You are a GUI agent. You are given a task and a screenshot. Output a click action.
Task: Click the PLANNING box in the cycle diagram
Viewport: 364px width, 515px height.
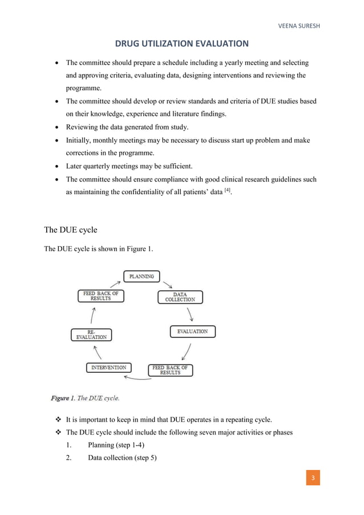click(x=141, y=276)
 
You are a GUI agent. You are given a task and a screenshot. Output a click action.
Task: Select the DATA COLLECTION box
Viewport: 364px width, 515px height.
click(x=180, y=297)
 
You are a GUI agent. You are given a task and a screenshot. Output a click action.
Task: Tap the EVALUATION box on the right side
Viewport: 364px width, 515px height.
click(x=192, y=331)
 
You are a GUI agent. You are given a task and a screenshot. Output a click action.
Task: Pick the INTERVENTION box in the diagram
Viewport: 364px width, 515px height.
click(x=108, y=368)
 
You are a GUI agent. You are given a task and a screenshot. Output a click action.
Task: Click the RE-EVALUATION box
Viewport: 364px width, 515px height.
click(x=91, y=335)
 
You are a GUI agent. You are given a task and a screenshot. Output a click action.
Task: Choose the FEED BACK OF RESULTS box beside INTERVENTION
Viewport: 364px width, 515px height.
click(x=170, y=370)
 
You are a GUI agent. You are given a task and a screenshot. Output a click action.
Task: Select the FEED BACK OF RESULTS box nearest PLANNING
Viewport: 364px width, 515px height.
click(x=100, y=296)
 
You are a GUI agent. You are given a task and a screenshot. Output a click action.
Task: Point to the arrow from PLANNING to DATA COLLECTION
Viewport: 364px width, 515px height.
click(x=167, y=284)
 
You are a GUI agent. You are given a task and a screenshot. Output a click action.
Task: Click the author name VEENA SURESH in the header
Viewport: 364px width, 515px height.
click(x=299, y=26)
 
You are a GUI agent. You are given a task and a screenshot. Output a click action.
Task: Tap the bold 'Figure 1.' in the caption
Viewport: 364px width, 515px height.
click(x=68, y=397)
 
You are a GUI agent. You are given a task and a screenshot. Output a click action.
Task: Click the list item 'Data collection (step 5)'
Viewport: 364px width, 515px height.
click(x=123, y=458)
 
